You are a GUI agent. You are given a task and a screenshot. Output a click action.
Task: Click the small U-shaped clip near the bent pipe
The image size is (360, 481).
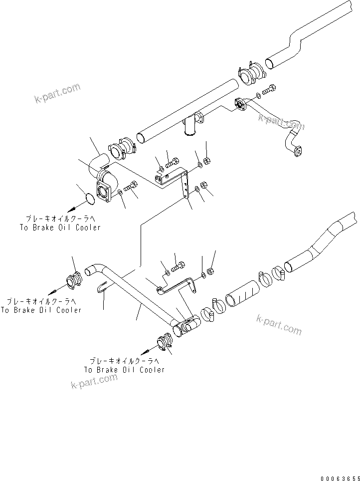103,287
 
